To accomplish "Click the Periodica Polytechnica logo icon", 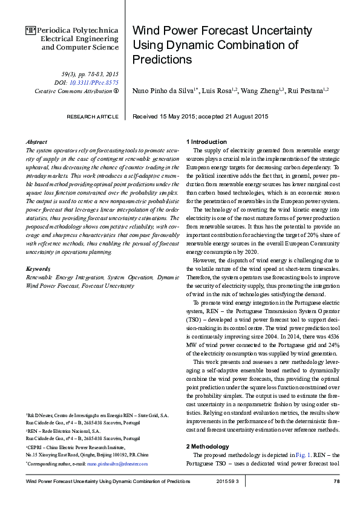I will (30, 29).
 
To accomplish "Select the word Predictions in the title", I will (162, 59).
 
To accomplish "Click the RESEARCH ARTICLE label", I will (92, 116).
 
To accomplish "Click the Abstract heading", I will (38, 141).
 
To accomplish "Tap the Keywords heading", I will (39, 268).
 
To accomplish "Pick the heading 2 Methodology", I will (208, 446).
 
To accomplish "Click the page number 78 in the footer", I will (336, 481).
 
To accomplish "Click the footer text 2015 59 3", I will (227, 481).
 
